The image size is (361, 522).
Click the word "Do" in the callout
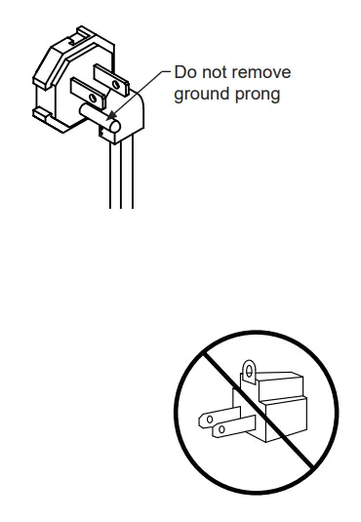pos(185,72)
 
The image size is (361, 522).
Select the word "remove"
pos(263,72)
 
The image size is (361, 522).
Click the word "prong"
pos(259,94)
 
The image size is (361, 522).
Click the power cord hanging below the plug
pos(121,181)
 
